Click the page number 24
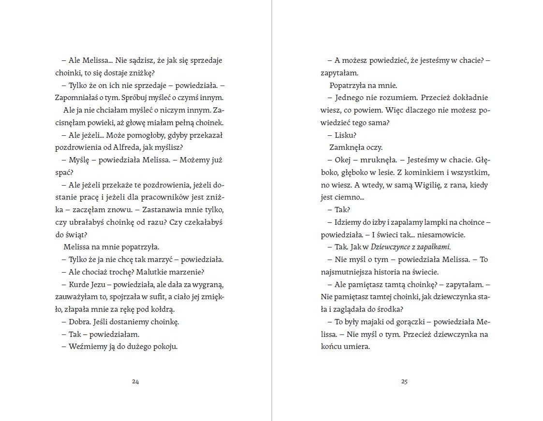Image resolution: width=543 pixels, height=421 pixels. coord(135,381)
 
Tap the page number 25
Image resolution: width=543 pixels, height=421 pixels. coord(405,381)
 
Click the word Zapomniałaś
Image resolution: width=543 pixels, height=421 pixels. coord(75,97)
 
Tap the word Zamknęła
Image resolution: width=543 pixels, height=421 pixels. coord(346,147)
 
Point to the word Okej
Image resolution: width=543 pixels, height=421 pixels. coord(343,160)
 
